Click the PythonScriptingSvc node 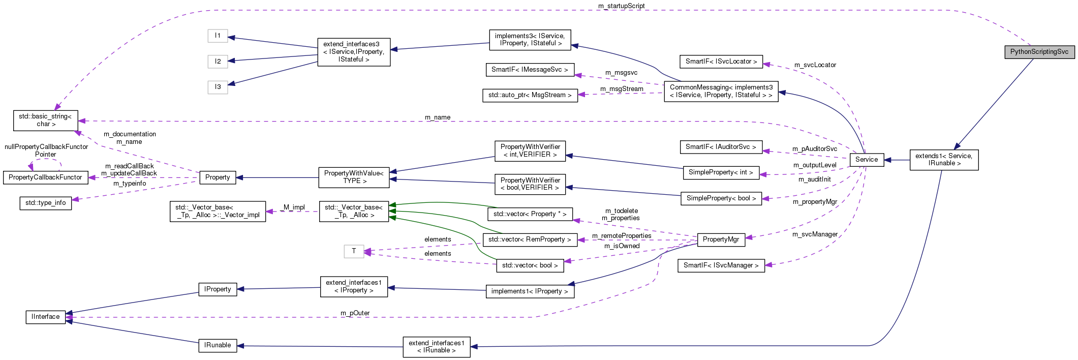(1039, 52)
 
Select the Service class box (866, 160)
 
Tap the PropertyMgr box (721, 239)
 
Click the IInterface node (45, 317)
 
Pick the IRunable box (218, 345)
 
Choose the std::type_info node (45, 203)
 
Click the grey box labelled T (354, 251)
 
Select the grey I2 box (218, 62)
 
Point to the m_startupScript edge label (621, 6)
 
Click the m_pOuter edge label (355, 313)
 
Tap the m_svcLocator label (815, 65)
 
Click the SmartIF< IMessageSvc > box (530, 70)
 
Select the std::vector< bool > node (530, 265)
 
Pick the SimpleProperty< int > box (721, 172)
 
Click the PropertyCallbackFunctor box (45, 177)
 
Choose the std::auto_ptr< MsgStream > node (530, 95)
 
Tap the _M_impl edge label (293, 207)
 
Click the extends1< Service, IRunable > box (943, 160)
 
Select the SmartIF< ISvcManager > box (721, 265)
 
